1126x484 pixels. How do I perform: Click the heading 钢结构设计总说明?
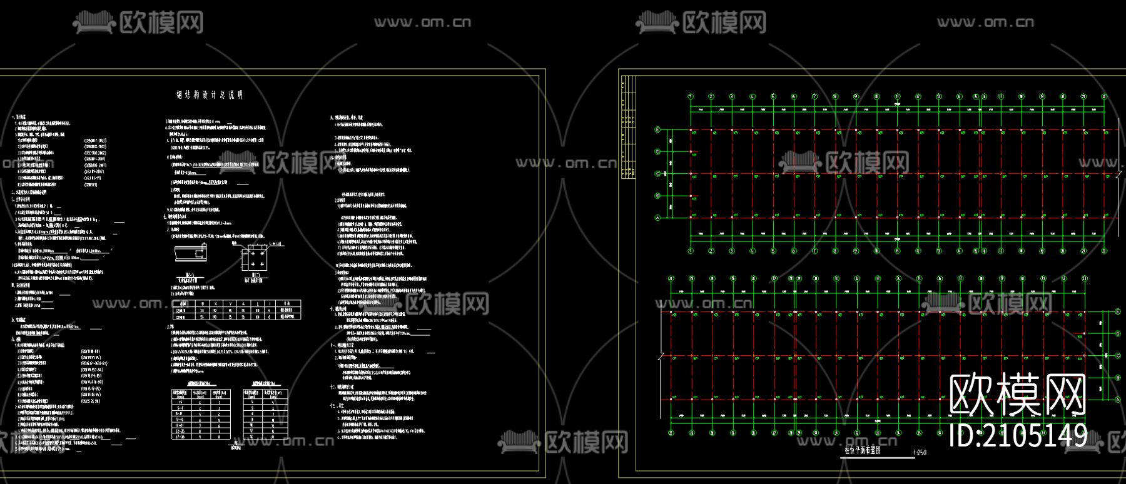click(x=210, y=95)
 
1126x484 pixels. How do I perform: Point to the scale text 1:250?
click(x=920, y=453)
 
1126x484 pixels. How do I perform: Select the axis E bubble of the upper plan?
click(x=657, y=129)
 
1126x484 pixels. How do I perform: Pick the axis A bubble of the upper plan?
click(x=657, y=218)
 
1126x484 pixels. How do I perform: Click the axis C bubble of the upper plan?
click(x=657, y=174)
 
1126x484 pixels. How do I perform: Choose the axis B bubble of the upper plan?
click(x=657, y=196)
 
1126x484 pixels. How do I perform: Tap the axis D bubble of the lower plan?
click(x=1118, y=334)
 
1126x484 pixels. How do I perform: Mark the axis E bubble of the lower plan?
click(x=1118, y=311)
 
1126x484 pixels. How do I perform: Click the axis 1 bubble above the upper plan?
click(x=691, y=96)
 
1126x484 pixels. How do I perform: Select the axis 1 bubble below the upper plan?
click(x=691, y=251)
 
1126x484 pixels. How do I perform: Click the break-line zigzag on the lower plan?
click(x=661, y=356)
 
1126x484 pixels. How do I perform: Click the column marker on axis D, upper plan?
click(x=691, y=152)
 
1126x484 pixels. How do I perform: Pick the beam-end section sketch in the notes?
click(x=190, y=253)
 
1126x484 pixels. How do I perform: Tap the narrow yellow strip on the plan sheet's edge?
click(x=628, y=128)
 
